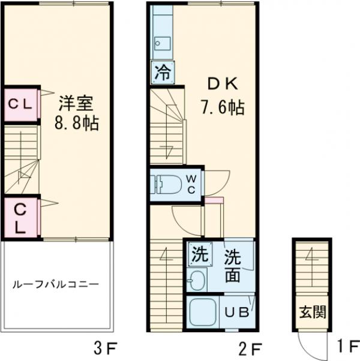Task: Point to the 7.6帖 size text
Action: pos(221,108)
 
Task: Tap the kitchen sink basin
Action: pos(161,42)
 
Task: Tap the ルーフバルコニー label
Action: pos(55,285)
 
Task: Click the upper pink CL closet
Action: pos(20,103)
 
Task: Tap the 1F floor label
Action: pos(346,347)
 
